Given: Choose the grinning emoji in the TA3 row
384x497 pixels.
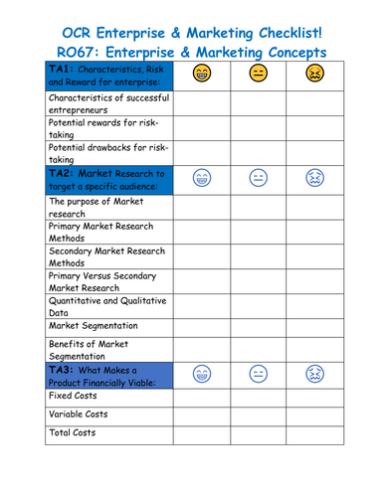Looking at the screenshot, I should tap(202, 375).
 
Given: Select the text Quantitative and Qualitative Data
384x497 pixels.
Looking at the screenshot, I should tap(107, 305).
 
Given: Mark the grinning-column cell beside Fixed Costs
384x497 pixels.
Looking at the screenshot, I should tap(202, 395).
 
